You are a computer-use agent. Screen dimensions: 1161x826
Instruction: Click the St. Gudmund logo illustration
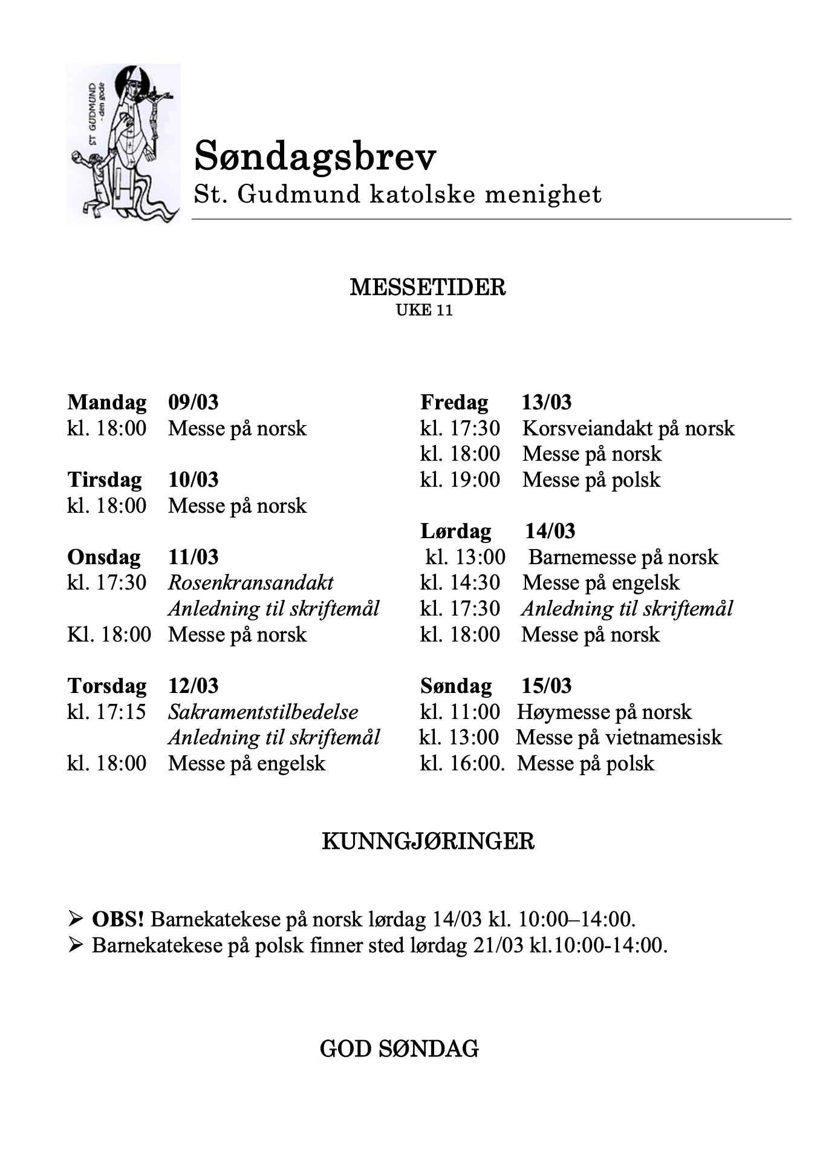tap(123, 144)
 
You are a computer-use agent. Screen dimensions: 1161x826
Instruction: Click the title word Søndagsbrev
tap(315, 157)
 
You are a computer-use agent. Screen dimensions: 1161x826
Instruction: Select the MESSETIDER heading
tap(428, 287)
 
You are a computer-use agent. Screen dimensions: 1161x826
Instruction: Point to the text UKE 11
tap(424, 310)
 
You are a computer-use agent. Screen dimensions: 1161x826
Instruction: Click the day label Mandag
tap(107, 402)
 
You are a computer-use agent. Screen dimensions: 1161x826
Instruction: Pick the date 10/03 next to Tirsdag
tap(193, 480)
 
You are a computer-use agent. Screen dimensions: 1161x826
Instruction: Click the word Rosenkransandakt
tap(251, 582)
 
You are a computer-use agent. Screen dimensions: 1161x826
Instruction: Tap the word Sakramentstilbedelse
tap(263, 712)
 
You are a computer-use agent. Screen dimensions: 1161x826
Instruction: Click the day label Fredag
tap(454, 402)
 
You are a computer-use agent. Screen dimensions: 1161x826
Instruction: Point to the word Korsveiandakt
tap(587, 428)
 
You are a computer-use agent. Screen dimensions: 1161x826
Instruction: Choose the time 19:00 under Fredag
tap(475, 480)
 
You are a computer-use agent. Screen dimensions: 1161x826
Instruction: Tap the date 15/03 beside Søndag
tap(547, 686)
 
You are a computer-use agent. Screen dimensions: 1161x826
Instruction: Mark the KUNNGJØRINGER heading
tap(428, 841)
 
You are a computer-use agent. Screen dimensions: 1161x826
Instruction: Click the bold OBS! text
tap(118, 919)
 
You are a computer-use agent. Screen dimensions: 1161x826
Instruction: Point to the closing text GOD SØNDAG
tap(399, 1049)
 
